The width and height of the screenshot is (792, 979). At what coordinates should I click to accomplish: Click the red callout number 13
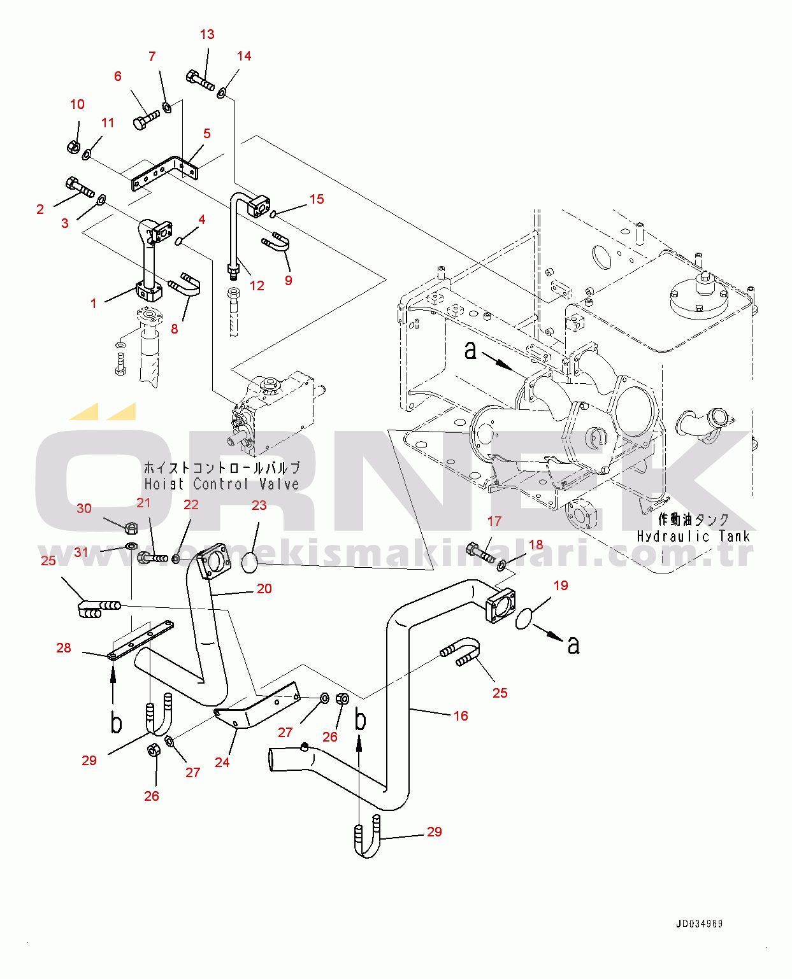207,34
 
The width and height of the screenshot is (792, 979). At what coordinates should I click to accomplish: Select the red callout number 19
561,586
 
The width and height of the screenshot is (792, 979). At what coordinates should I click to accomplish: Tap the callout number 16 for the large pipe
461,716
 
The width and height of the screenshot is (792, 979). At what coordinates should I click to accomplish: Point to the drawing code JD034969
699,924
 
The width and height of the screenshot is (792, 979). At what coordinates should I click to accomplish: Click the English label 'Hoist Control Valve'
221,484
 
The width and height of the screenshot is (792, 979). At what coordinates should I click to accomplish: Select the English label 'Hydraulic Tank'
693,537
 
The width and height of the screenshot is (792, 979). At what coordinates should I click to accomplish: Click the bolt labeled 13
200,80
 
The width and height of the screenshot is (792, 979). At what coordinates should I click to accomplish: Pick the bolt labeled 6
146,119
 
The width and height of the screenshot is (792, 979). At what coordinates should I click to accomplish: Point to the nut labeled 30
131,527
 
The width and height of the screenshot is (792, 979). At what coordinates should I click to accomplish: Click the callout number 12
257,286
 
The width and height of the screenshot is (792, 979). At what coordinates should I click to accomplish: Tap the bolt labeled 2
80,187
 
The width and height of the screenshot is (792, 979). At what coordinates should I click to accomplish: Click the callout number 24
222,762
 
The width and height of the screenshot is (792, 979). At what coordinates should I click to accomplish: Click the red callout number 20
264,589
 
